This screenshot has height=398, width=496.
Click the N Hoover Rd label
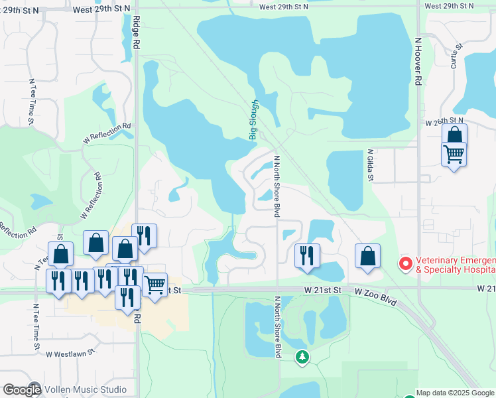pyautogui.click(x=418, y=60)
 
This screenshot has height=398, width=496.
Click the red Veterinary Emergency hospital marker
pyautogui.click(x=405, y=264)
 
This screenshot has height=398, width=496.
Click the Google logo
pyautogui.click(x=21, y=389)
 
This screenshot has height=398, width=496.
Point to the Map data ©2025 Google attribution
pyautogui.click(x=455, y=393)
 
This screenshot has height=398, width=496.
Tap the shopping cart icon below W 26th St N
pyautogui.click(x=454, y=155)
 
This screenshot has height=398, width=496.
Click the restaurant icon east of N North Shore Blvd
pyautogui.click(x=307, y=255)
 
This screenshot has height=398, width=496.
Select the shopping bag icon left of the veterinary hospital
pyautogui.click(x=367, y=257)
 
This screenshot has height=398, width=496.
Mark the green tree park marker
pyautogui.click(x=302, y=358)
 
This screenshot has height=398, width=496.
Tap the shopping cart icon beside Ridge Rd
pyautogui.click(x=155, y=286)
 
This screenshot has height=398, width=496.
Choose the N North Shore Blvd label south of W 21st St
pyautogui.click(x=277, y=326)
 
